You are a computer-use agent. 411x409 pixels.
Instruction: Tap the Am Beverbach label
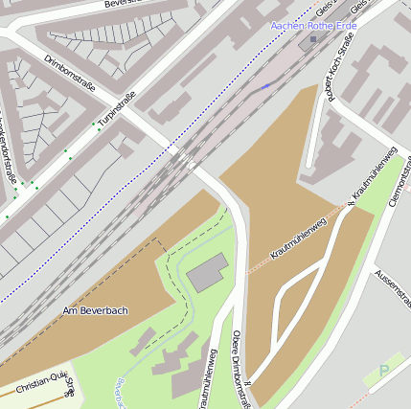click(95, 311)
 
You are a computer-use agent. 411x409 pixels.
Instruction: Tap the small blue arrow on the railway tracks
click(265, 86)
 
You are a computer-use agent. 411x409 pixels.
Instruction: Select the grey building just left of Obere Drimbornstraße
click(208, 274)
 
